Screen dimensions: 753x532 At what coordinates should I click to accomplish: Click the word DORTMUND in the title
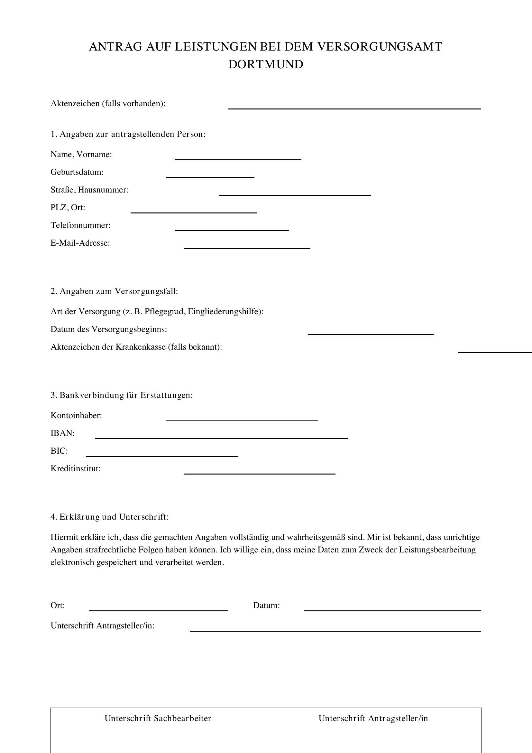point(266,64)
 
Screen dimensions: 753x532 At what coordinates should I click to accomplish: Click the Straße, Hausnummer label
point(89,190)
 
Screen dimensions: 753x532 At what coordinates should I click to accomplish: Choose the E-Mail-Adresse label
point(80,243)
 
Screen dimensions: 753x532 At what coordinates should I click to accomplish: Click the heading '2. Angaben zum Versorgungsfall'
point(114,291)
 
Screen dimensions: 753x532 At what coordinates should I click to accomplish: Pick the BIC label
point(59,451)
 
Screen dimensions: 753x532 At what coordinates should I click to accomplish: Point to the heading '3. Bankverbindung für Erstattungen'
point(122,395)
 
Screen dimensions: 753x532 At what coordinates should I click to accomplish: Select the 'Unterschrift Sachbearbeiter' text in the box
point(158,719)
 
